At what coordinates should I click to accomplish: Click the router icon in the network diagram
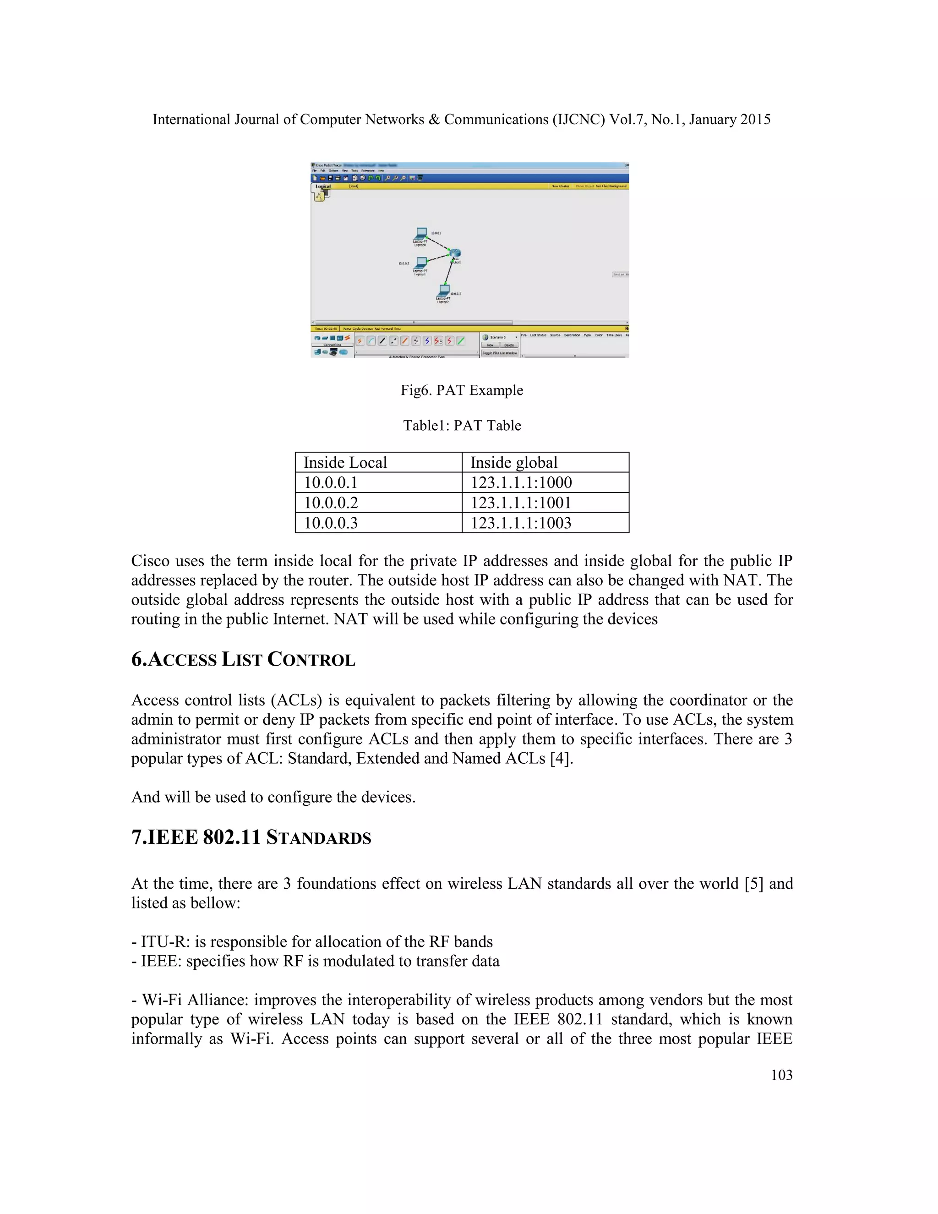pos(455,253)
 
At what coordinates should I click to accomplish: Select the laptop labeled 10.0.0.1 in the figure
pos(421,233)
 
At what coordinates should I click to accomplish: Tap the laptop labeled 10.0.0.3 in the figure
pos(444,290)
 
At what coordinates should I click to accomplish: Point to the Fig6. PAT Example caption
pos(462,390)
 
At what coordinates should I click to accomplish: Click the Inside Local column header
pos(345,463)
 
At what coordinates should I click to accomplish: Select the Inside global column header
pos(513,463)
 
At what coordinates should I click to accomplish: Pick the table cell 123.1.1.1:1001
pos(521,503)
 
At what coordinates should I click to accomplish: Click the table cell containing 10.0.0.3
pos(331,523)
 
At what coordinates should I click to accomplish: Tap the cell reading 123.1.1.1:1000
pos(521,482)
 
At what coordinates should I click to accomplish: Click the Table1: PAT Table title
pos(462,425)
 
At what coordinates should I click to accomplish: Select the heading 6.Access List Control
pos(243,659)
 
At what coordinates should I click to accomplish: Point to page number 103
pos(781,1075)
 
